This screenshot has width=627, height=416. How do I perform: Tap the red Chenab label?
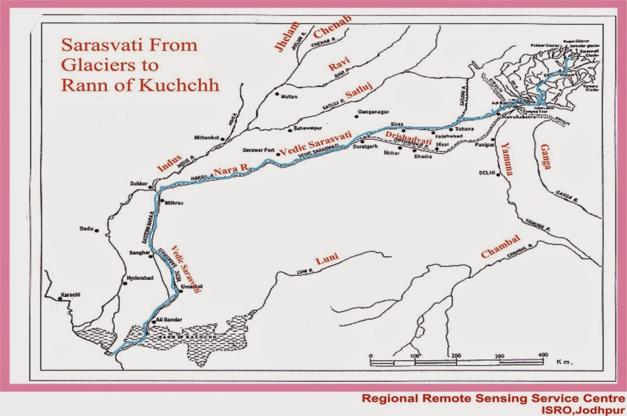click(x=333, y=27)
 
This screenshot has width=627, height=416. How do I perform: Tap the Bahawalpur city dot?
click(x=290, y=131)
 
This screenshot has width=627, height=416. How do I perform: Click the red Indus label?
click(x=170, y=163)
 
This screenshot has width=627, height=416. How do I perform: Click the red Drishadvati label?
click(x=409, y=137)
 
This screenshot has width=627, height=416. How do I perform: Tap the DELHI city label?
click(x=486, y=173)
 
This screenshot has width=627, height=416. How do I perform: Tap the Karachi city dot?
click(x=60, y=298)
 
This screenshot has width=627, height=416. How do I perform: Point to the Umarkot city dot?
click(x=178, y=291)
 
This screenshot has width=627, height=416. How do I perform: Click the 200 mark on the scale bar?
click(x=456, y=356)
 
